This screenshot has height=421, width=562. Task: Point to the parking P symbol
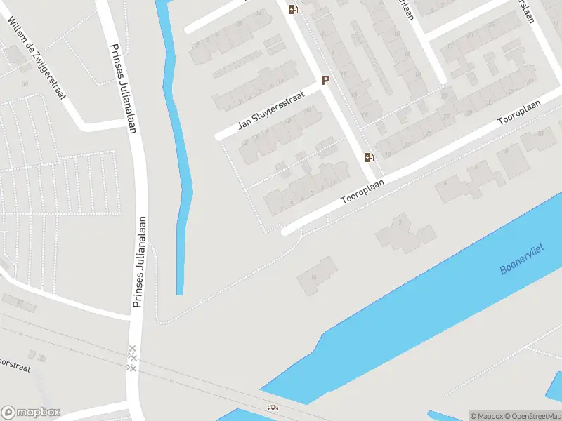[325, 80]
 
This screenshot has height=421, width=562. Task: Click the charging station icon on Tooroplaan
[369, 157]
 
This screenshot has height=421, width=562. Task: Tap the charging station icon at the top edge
[292, 9]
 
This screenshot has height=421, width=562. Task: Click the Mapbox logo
[31, 412]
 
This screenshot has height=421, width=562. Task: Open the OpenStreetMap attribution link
[535, 416]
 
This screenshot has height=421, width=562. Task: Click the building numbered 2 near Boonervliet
[401, 224]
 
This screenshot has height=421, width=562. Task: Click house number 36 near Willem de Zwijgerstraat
[25, 83]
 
